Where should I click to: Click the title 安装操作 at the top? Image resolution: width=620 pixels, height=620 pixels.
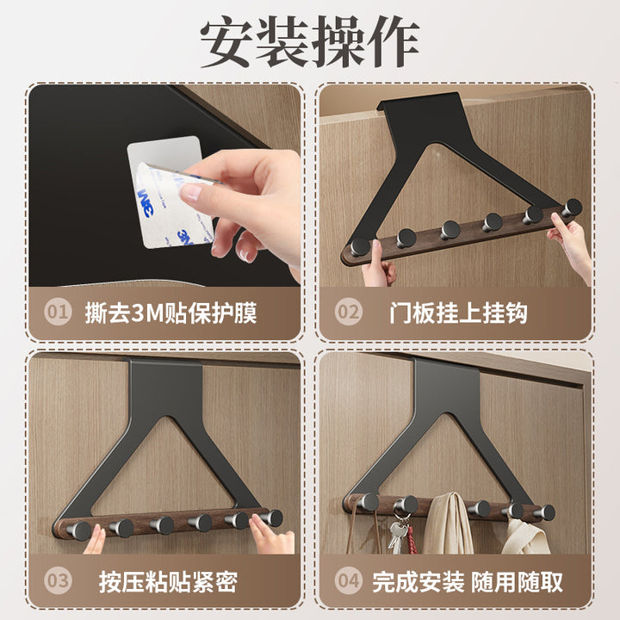click(309, 41)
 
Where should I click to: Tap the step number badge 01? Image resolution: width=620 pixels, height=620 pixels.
click(58, 312)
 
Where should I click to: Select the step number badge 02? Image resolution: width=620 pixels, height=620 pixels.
click(349, 312)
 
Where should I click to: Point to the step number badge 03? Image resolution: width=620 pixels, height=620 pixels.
click(58, 581)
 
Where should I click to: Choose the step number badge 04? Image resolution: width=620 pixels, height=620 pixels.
click(349, 581)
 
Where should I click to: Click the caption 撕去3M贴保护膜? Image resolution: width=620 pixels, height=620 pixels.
click(170, 313)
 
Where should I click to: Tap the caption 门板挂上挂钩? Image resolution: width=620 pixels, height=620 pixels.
click(458, 313)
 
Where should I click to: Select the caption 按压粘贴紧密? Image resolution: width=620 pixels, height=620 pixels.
click(168, 581)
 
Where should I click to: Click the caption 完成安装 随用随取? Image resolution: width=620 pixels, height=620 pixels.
click(468, 581)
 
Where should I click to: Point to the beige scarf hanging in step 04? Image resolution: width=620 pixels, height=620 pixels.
click(448, 523)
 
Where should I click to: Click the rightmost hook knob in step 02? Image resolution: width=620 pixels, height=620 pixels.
click(572, 208)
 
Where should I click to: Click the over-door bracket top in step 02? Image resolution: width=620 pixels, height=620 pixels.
click(419, 103)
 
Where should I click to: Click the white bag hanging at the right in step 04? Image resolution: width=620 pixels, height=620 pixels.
click(526, 536)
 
